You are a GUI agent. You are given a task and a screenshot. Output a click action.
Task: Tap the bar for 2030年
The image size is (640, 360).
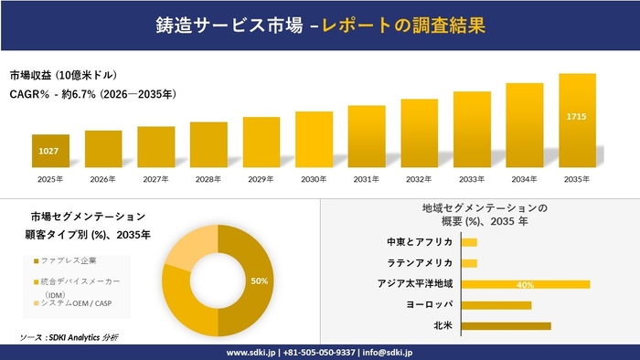click(x=314, y=140)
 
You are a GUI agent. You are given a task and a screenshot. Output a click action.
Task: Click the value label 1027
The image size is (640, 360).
click(x=49, y=150)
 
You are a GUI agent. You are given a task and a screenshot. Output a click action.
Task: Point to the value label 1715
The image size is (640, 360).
click(x=577, y=117)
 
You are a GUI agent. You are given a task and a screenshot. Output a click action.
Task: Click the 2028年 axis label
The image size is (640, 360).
click(x=208, y=179)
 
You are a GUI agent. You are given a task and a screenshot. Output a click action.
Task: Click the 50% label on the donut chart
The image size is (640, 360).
click(x=260, y=281)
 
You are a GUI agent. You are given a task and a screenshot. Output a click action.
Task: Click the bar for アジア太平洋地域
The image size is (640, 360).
click(x=525, y=284)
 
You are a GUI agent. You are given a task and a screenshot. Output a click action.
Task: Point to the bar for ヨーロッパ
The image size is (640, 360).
click(x=496, y=304)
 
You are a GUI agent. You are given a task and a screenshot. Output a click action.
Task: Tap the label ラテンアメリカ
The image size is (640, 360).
click(x=423, y=263)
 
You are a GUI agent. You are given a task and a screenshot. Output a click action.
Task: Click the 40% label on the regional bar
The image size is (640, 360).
click(x=525, y=285)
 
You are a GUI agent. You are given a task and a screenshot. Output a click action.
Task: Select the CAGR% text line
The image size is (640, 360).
click(x=92, y=94)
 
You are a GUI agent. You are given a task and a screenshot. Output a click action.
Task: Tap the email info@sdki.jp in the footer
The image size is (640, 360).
click(x=388, y=352)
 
